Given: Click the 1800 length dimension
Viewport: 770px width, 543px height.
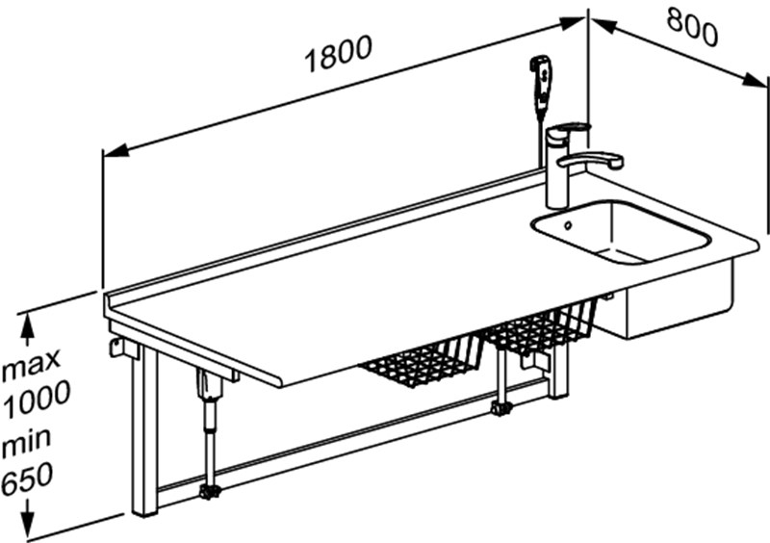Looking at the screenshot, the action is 339,55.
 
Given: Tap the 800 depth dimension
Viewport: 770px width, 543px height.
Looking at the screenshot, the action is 692,28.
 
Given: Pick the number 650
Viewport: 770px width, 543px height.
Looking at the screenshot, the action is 27,478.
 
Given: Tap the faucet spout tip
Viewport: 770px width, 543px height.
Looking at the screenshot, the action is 616,162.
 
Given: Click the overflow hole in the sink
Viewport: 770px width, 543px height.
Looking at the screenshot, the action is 568,225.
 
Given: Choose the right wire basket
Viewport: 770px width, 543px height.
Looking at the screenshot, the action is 539,326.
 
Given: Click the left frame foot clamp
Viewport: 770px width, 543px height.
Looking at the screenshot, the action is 211,491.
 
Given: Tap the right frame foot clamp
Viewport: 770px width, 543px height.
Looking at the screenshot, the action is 501,408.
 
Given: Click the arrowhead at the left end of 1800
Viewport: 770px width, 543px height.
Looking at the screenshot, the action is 115,151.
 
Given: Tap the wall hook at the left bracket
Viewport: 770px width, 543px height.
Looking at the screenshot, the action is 114,347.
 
